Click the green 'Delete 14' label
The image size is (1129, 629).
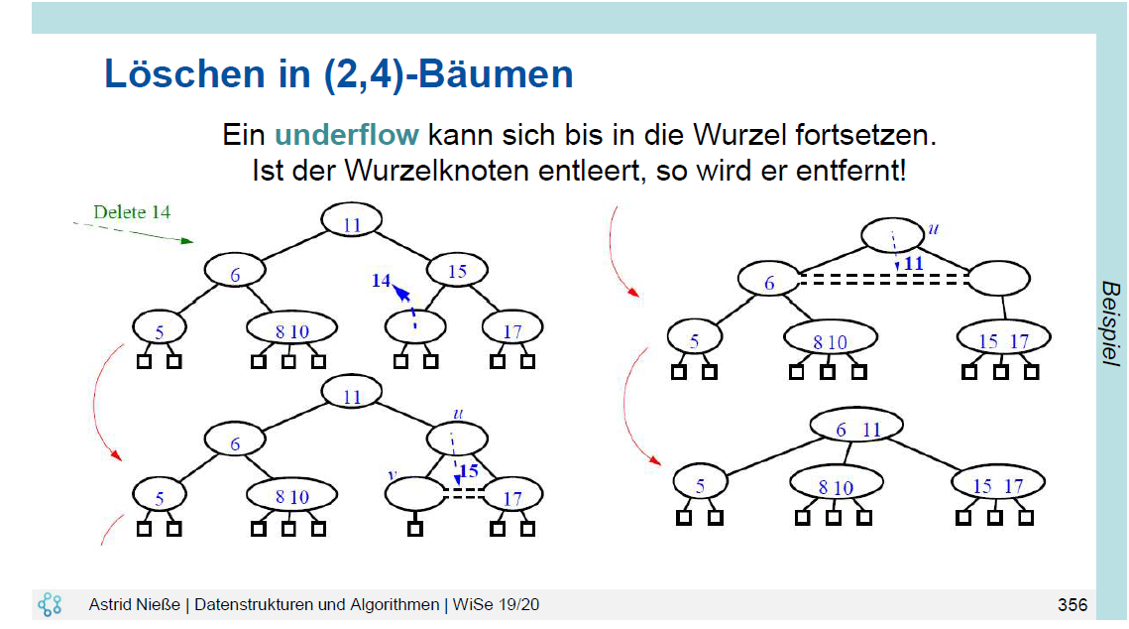pos(132,211)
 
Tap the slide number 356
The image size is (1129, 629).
pos(1072,605)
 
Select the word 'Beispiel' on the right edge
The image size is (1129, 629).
pos(1110,323)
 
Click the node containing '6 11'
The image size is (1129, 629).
pos(857,430)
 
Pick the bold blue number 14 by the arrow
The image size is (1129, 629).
pos(382,281)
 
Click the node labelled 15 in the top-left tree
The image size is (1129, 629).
pos(458,271)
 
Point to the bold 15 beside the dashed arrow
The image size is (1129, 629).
pos(468,471)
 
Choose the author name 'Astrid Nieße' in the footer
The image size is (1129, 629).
pos(138,605)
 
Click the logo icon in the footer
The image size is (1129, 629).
pos(50,604)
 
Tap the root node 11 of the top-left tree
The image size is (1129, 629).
pos(352,224)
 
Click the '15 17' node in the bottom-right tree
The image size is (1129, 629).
pos(997,486)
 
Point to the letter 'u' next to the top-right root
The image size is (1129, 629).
pos(932,229)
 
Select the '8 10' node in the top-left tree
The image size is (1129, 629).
pos(292,331)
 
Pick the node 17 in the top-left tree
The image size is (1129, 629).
pos(511,331)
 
